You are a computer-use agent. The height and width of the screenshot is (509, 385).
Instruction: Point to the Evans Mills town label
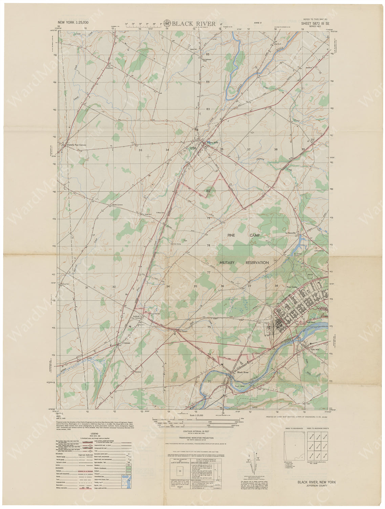click(210, 143)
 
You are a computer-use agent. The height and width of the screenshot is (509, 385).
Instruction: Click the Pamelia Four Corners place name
click(77, 145)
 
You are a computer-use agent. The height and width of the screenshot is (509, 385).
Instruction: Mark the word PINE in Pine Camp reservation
click(231, 235)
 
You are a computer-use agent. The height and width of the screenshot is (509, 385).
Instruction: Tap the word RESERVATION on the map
click(255, 263)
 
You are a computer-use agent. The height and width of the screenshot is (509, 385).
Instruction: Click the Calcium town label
click(127, 343)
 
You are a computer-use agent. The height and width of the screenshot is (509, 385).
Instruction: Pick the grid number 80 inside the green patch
click(208, 191)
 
